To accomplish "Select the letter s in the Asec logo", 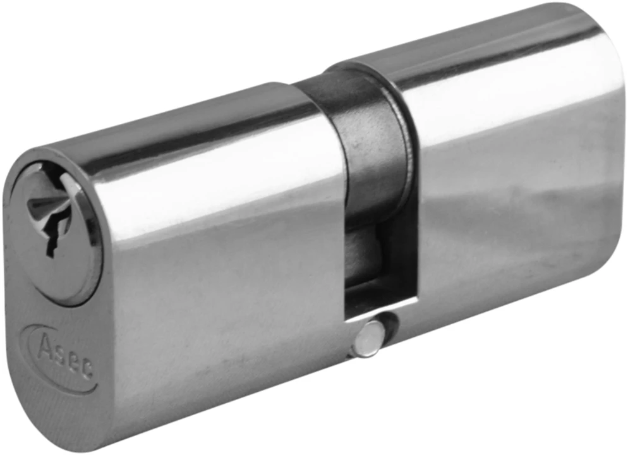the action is [59, 354].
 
